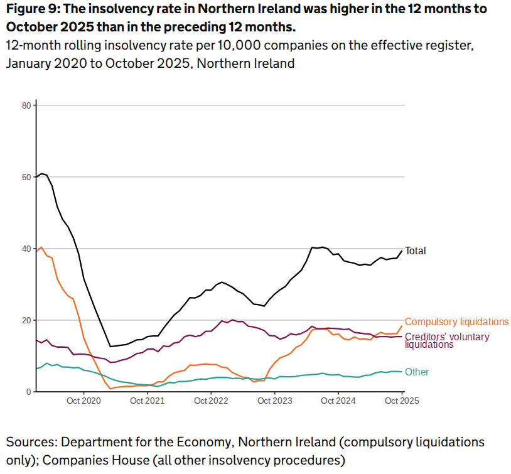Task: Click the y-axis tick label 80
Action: (26, 105)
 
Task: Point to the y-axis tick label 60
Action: (26, 177)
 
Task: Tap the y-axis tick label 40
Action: (26, 249)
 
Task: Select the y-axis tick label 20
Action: (26, 320)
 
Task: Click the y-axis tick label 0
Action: (28, 392)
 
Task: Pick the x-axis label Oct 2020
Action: (83, 401)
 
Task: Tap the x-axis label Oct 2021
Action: (147, 401)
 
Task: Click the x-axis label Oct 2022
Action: (210, 401)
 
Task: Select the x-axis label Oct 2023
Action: (274, 401)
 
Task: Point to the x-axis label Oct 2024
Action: (338, 401)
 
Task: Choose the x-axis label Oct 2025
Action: (401, 401)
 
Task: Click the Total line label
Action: (415, 250)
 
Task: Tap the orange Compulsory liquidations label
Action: (456, 321)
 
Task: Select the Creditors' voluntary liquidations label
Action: (446, 340)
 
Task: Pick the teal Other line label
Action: (417, 372)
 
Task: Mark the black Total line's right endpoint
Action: (402, 251)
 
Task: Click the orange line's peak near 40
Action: (41, 247)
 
